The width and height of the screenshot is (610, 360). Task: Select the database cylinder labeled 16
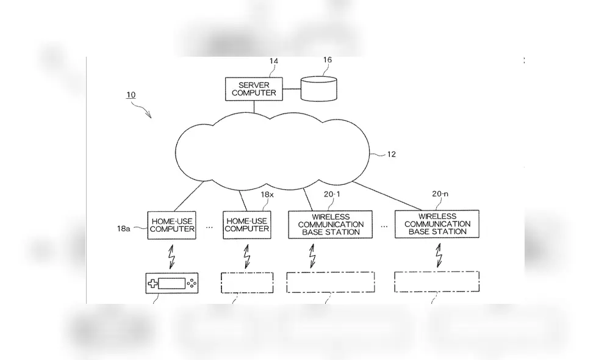coord(318,88)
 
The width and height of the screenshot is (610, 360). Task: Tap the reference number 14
coord(273,62)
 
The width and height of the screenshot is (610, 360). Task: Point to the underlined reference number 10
coord(131,95)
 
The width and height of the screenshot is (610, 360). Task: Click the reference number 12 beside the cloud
coord(391,154)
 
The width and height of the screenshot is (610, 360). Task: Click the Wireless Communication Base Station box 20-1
coord(331,224)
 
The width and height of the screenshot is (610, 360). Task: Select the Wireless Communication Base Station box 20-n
coord(437,224)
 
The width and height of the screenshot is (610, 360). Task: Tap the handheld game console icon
coord(172,283)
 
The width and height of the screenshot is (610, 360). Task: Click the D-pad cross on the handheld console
coord(152,283)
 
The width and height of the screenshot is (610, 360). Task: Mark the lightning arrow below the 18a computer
coord(172,256)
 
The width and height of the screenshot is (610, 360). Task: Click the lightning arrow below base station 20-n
coord(438,256)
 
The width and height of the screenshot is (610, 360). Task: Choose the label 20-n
coord(440,194)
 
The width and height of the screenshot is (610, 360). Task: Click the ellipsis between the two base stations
coord(385,225)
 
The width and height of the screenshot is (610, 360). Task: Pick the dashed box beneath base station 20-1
coord(331,283)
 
